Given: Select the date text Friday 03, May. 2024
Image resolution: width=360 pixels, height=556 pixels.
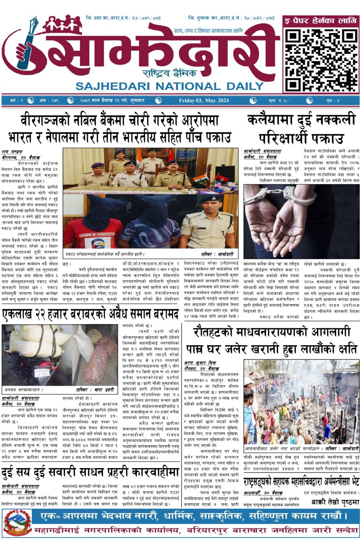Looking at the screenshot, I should [204, 100].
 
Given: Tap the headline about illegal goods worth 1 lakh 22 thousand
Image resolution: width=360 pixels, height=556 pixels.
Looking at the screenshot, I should [90, 314].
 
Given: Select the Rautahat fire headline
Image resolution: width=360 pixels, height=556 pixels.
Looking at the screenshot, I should [275, 340].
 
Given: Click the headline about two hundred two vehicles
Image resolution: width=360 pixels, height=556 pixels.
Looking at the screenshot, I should [90, 473].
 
